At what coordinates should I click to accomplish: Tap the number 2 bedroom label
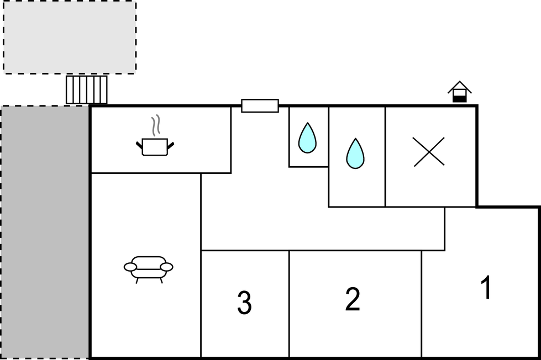coord(352,299)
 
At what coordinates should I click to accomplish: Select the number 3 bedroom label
coord(244,303)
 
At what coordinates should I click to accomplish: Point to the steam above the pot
coord(156,125)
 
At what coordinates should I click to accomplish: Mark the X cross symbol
coord(429,152)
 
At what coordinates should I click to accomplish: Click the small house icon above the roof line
coord(459,92)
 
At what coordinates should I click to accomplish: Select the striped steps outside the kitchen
coord(86,89)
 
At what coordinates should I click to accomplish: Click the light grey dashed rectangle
coord(70,37)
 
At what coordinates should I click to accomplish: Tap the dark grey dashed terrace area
coord(44,232)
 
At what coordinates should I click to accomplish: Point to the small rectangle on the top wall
coord(260,105)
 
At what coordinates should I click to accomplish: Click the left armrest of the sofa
coord(130,267)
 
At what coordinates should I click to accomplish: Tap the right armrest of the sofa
coord(166,267)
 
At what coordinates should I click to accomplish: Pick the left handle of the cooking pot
coord(139,145)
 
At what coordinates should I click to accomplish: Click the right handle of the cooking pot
coord(171,145)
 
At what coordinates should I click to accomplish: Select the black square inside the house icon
coord(459,98)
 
